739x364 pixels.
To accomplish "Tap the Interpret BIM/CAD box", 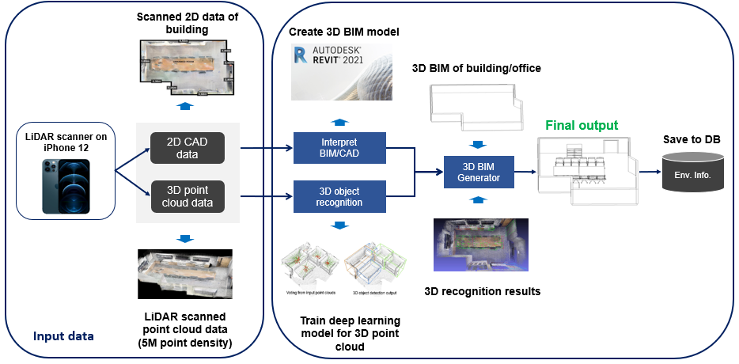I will pos(339,146).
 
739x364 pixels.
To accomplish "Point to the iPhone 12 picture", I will pos(66,186).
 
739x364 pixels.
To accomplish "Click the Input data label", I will pos(63,336).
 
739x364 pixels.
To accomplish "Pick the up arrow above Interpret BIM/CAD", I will pos(339,121).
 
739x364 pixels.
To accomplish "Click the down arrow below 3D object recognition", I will pos(339,226).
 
